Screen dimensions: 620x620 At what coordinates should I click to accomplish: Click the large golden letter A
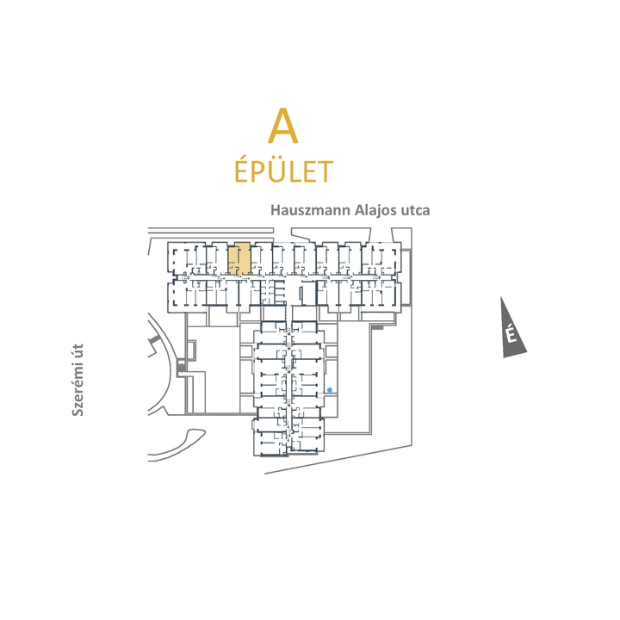[x=282, y=126]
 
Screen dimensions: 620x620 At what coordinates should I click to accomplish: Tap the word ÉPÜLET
[x=284, y=170]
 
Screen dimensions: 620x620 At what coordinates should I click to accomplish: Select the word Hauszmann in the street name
[x=310, y=210]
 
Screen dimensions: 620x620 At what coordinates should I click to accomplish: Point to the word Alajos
[x=375, y=210]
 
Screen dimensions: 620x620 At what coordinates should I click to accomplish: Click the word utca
[x=415, y=210]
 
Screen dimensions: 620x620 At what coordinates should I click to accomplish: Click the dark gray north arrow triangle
[x=511, y=332]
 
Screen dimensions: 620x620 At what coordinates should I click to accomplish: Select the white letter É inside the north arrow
[x=512, y=334]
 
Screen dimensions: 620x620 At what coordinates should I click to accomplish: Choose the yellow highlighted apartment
[x=239, y=258]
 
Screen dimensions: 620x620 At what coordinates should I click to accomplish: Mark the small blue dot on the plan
[x=329, y=390]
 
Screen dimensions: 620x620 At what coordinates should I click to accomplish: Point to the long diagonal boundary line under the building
[x=338, y=459]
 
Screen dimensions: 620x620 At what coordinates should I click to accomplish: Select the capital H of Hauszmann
[x=276, y=209]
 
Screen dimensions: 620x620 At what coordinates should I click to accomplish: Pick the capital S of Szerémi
[x=77, y=412]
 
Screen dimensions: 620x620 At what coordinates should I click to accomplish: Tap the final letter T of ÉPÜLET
[x=325, y=172]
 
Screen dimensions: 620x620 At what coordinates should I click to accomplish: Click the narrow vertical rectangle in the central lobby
[x=301, y=294]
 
